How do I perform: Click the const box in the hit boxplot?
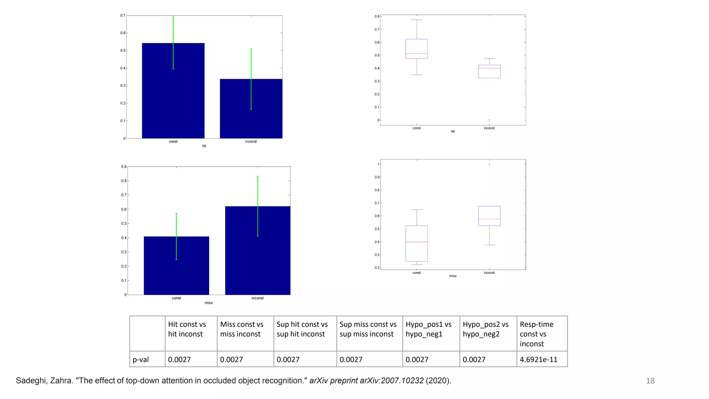(416, 48)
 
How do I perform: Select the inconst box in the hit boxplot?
(489, 72)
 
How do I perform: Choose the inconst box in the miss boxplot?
(489, 216)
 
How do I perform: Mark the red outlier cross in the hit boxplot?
(489, 120)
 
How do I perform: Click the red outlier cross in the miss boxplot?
(489, 164)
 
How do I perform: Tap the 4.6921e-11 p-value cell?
(539, 360)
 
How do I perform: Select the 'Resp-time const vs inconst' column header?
(537, 334)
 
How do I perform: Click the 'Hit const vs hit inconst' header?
(187, 329)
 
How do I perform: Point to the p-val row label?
(141, 360)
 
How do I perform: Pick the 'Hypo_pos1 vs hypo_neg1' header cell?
(429, 329)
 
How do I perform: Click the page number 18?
(650, 381)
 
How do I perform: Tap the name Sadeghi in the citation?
(30, 381)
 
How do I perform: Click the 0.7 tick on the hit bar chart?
(123, 16)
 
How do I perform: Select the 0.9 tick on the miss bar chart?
(124, 167)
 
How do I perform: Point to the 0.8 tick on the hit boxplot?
(377, 16)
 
